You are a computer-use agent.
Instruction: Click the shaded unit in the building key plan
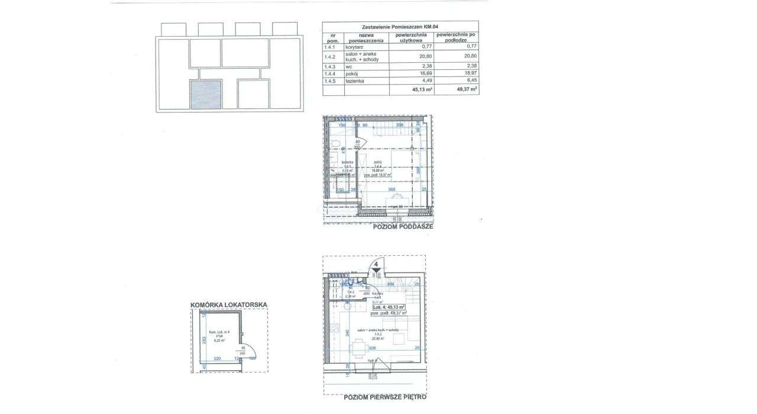click(x=205, y=95)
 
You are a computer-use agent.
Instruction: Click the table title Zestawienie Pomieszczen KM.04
click(x=400, y=27)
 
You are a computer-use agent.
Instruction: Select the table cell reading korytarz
click(x=354, y=46)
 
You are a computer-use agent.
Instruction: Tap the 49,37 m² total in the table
click(x=465, y=90)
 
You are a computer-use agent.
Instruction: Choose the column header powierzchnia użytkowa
click(x=412, y=38)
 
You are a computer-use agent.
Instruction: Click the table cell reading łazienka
click(x=355, y=81)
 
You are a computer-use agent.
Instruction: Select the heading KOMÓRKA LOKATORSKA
click(x=228, y=305)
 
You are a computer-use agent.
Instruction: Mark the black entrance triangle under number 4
click(x=376, y=271)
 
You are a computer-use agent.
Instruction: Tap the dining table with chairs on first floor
click(x=358, y=348)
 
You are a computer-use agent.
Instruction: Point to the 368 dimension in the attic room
click(x=392, y=190)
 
